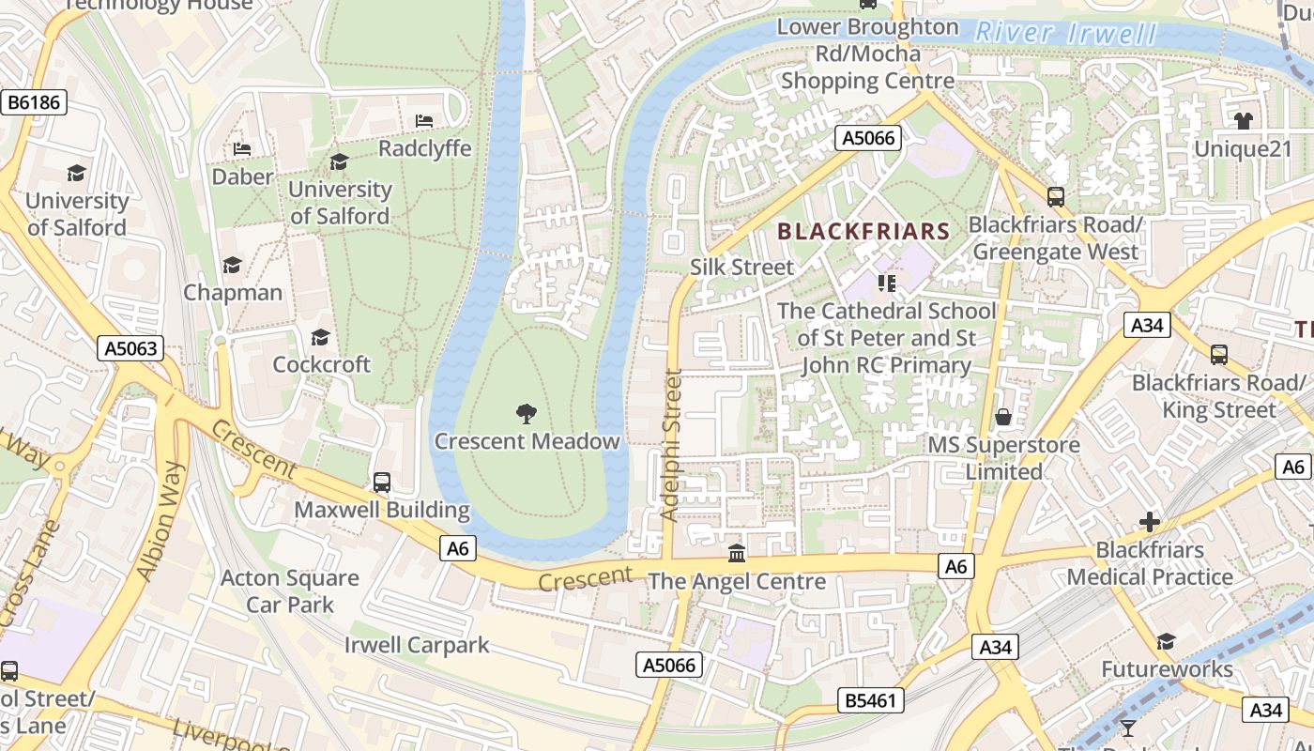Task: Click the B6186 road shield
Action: point(35,102)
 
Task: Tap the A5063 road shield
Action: point(131,349)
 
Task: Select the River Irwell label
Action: point(1066,34)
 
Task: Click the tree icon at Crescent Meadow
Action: point(527,413)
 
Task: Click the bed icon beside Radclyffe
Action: point(424,121)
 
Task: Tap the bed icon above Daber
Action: point(242,149)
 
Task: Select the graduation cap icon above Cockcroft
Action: point(321,336)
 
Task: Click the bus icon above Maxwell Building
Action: point(382,483)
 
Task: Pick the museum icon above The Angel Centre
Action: point(737,553)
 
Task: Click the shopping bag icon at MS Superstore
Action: point(1003,417)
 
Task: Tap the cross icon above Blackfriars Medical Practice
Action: point(1150,522)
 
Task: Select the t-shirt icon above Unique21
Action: point(1244,120)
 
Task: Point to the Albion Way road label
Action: point(157,521)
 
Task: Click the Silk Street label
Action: point(741,267)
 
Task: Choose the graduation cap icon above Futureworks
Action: point(1166,641)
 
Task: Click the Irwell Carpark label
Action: point(417,645)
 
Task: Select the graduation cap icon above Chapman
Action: point(232,266)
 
